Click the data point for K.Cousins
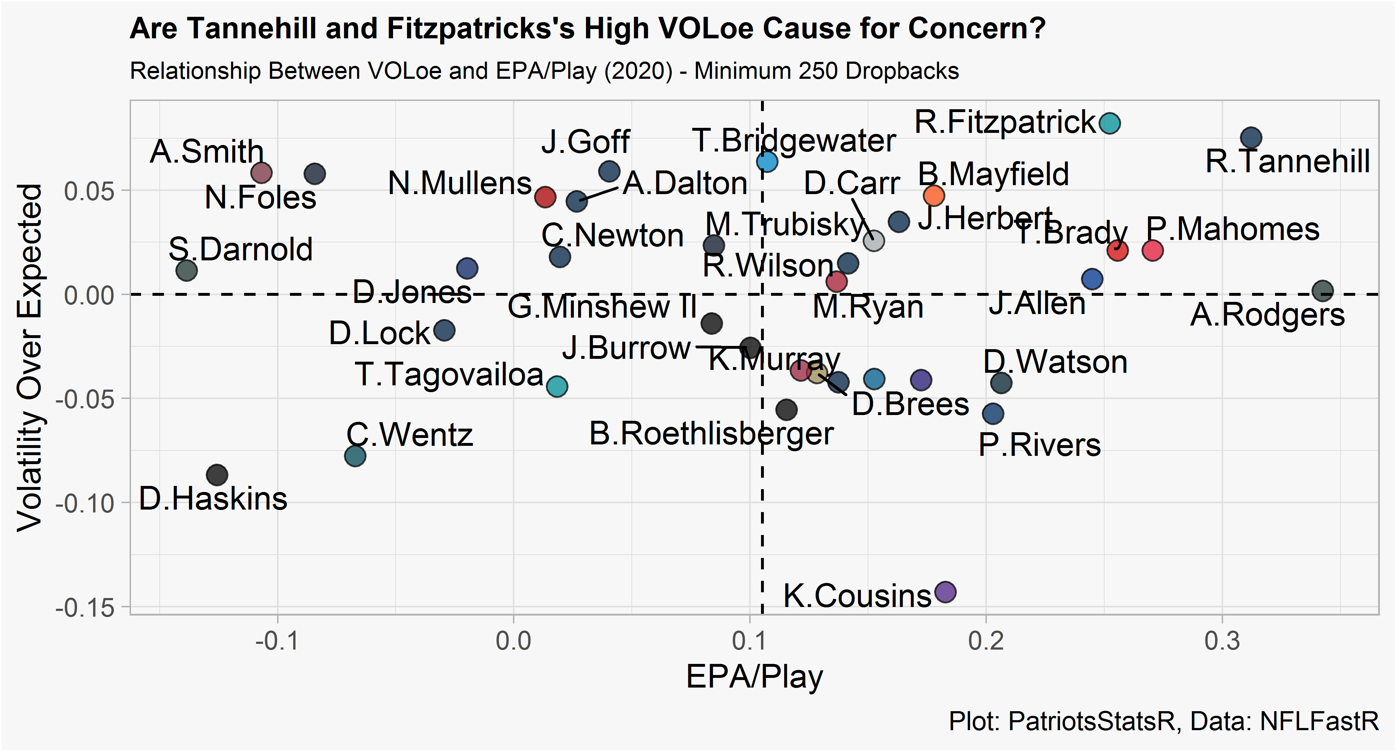tap(945, 592)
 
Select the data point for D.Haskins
tap(217, 475)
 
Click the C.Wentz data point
tap(355, 456)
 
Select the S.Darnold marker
tap(187, 270)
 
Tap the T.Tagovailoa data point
tap(557, 387)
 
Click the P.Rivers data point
tap(993, 414)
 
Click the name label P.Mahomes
tap(1232, 229)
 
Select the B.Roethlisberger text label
tap(711, 434)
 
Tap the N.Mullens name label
tap(460, 183)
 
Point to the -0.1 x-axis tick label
tap(277, 641)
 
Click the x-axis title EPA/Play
tap(754, 677)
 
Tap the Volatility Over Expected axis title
tap(30, 357)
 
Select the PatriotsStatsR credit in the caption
tap(1091, 721)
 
